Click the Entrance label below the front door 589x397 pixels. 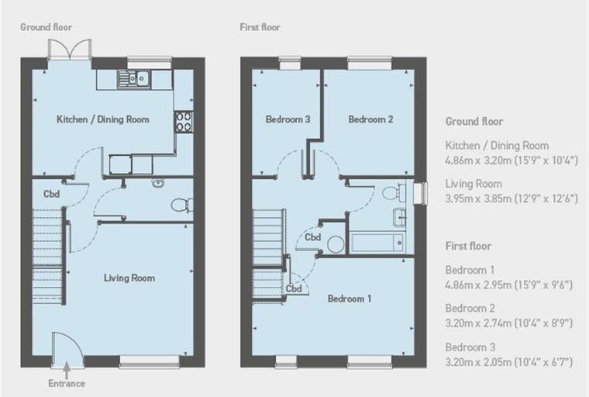[67, 384]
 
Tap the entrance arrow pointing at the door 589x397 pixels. [67, 370]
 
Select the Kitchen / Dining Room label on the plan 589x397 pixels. [103, 119]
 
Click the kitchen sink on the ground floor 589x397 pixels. [134, 78]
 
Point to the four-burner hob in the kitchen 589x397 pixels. [184, 122]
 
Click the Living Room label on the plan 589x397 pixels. [129, 278]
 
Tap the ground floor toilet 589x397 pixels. [182, 205]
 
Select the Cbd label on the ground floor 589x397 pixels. [51, 194]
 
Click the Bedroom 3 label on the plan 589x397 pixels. [288, 119]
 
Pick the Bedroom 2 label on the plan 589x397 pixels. [370, 119]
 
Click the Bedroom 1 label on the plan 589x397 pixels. [350, 299]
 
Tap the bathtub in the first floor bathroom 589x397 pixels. [377, 243]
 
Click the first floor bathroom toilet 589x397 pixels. [394, 192]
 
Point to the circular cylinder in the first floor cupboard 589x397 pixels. [336, 244]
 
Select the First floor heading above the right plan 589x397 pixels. [260, 27]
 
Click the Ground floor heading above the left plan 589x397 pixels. [46, 27]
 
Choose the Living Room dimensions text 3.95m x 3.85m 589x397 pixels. [511, 198]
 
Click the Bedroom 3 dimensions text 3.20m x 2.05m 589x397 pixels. [509, 362]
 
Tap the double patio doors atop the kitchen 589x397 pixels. [70, 50]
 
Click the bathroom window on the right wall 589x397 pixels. [420, 194]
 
